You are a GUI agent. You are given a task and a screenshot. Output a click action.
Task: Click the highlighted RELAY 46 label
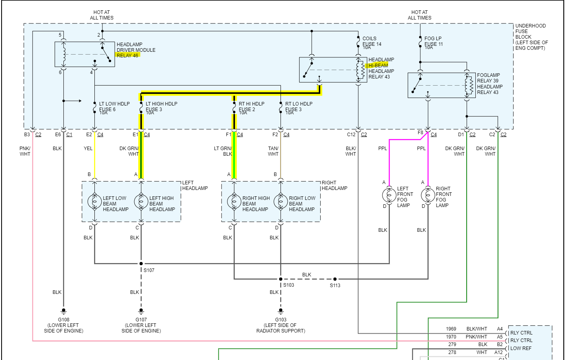click(x=128, y=55)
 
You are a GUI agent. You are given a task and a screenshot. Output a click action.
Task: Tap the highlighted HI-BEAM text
click(x=378, y=65)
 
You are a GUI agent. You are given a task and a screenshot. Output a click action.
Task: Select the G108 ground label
click(x=63, y=320)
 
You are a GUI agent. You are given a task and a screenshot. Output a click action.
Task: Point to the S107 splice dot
click(x=141, y=264)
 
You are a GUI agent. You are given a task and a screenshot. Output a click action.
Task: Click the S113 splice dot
click(x=335, y=279)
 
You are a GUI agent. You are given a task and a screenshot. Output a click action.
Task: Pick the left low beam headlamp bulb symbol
click(x=94, y=202)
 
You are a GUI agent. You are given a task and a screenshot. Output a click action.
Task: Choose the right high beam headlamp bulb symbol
click(x=234, y=202)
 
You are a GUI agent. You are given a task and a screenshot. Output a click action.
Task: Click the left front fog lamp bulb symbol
click(x=389, y=195)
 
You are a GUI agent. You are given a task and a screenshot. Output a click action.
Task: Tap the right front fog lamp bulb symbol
click(x=428, y=195)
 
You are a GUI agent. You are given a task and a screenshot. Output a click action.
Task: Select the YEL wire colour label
click(x=88, y=149)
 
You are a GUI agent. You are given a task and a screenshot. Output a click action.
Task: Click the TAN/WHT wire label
click(x=273, y=151)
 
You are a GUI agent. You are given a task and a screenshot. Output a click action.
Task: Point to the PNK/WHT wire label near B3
click(x=25, y=151)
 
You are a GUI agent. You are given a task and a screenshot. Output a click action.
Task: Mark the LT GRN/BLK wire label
click(x=223, y=151)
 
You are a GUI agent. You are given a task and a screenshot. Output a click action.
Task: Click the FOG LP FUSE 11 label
click(x=433, y=42)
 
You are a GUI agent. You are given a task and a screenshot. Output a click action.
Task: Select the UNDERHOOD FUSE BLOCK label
click(x=530, y=37)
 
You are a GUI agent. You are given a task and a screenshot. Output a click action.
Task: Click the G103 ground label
click(x=281, y=320)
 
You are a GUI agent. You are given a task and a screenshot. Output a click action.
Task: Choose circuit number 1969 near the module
click(x=451, y=329)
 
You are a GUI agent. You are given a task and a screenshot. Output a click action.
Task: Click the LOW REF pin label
click(x=521, y=348)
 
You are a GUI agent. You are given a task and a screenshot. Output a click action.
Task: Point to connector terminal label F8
click(x=420, y=133)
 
